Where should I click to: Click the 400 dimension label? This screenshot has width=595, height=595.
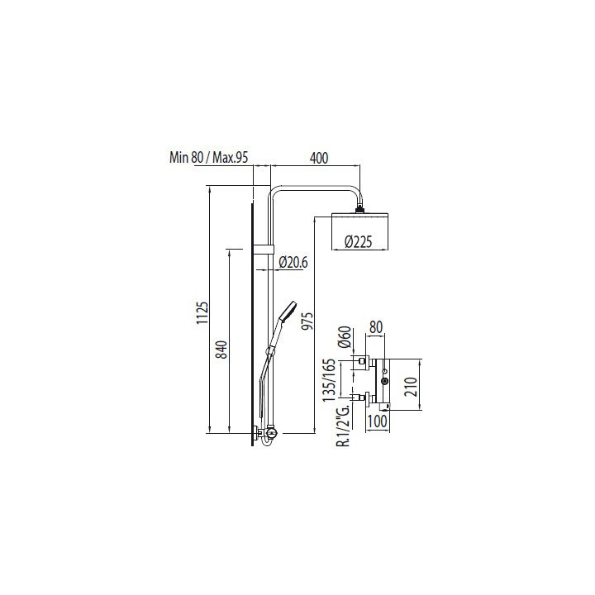(x=319, y=158)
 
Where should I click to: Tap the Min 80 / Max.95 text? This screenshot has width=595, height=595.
(x=209, y=157)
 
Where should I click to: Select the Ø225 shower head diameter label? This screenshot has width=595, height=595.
(x=358, y=241)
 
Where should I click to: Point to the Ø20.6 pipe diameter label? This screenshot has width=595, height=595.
(x=293, y=262)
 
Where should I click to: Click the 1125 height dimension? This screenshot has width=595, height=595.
(x=202, y=312)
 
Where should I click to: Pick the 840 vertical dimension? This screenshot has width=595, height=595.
(x=221, y=350)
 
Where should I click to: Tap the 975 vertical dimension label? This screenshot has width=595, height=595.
(x=307, y=321)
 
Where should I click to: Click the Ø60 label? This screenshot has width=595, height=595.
(x=344, y=337)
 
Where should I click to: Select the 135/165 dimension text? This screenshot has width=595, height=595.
(x=329, y=380)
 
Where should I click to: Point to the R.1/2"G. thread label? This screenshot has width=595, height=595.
(x=344, y=425)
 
